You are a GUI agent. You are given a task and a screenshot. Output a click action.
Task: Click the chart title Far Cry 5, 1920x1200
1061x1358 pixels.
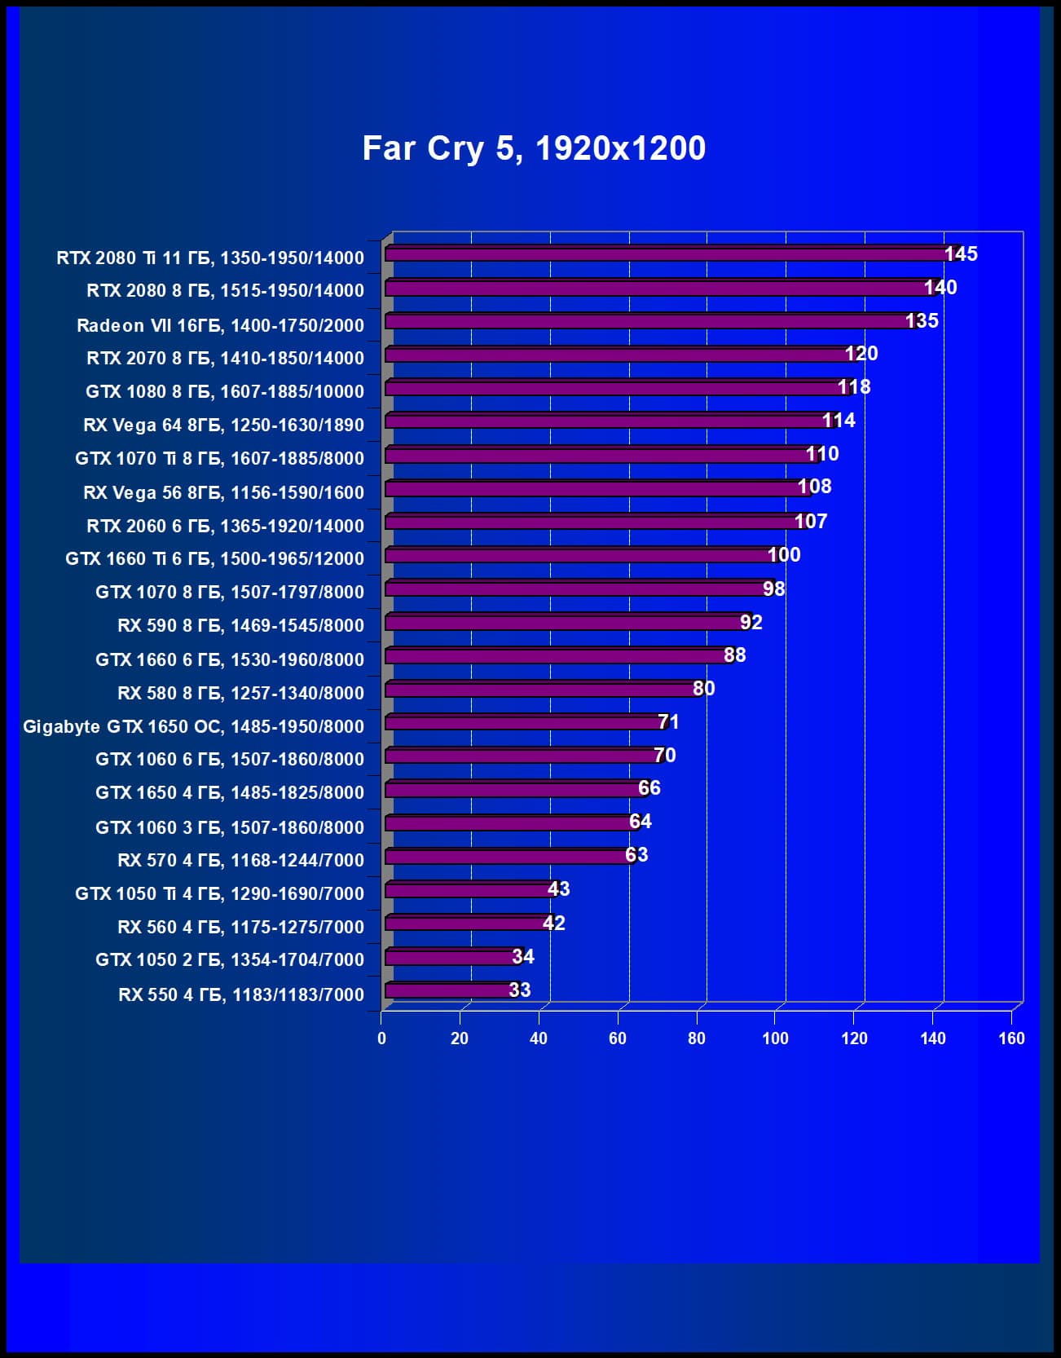(x=534, y=148)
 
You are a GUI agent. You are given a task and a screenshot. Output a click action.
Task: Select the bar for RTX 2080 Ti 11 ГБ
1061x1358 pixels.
(x=664, y=254)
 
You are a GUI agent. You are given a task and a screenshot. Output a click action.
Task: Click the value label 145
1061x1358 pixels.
(x=961, y=254)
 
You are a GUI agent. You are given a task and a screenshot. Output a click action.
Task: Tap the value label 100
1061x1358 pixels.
(x=784, y=555)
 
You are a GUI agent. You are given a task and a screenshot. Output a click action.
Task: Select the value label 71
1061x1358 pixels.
(x=668, y=722)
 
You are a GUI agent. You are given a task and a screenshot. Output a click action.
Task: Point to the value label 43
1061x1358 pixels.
(x=558, y=889)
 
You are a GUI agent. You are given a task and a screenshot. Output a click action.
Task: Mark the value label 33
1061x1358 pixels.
(x=520, y=990)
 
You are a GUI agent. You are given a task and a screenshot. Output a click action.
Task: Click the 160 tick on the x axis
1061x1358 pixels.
(x=1011, y=1038)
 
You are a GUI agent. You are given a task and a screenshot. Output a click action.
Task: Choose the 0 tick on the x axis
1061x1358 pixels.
(x=381, y=1038)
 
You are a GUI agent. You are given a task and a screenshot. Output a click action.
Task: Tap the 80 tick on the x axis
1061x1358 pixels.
(x=697, y=1038)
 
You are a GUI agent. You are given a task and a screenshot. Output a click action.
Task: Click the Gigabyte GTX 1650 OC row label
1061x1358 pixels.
(x=193, y=726)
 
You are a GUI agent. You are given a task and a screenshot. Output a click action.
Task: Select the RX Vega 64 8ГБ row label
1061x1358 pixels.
(x=223, y=425)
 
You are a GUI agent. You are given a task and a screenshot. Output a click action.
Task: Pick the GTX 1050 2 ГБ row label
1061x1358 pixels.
(x=229, y=959)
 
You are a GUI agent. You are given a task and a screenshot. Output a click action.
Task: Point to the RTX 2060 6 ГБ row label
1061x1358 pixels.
(x=225, y=526)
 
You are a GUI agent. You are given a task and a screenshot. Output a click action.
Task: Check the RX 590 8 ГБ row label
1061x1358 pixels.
(x=240, y=625)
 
